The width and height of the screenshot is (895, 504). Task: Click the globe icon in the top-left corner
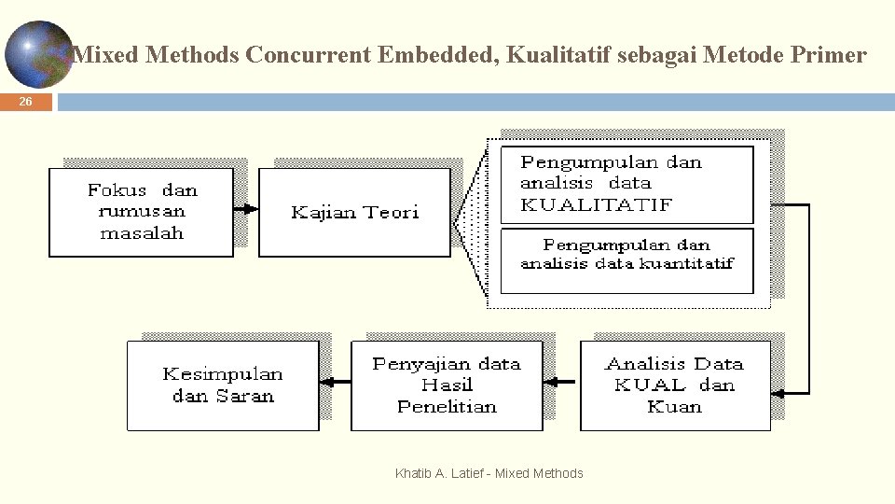[x=39, y=53]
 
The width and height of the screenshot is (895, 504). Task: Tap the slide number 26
[x=25, y=102]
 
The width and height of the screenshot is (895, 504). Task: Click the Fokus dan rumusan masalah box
[x=141, y=212]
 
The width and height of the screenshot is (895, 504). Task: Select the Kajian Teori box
[x=354, y=213]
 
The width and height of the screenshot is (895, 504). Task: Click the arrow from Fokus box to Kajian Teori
[x=245, y=209]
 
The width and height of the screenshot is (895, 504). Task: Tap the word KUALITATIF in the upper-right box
[x=596, y=204]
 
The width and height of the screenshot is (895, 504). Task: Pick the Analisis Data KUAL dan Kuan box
[x=675, y=385]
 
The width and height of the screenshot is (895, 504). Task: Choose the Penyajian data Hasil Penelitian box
[x=447, y=385]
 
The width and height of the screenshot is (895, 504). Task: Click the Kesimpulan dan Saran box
[x=223, y=385]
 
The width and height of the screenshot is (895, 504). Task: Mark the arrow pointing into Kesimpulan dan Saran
[x=335, y=381]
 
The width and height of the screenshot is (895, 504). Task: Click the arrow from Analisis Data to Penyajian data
[x=561, y=381]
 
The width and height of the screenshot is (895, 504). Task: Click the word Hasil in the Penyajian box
[x=447, y=385]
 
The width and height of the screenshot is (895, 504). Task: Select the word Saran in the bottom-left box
[x=244, y=396]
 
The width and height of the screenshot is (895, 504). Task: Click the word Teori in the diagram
[x=392, y=213]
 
